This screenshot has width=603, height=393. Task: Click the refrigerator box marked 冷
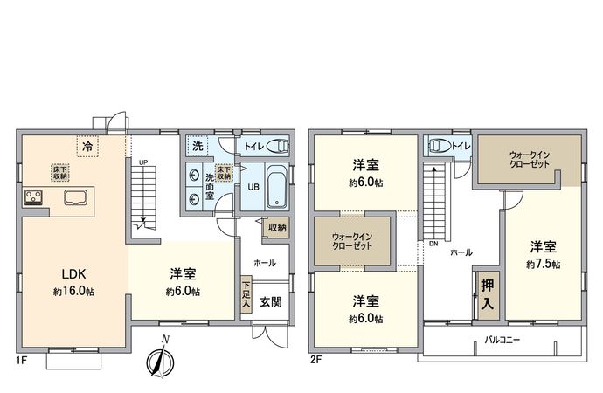click(87, 147)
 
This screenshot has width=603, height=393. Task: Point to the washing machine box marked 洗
click(198, 145)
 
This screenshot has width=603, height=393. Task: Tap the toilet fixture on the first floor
click(278, 146)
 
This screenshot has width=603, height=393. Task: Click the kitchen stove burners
click(35, 196)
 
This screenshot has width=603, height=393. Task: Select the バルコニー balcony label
click(502, 341)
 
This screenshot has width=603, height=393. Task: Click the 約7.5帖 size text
click(543, 263)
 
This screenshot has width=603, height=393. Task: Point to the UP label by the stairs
click(142, 162)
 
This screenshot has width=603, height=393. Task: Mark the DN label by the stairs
click(433, 244)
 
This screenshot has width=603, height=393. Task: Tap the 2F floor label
click(315, 359)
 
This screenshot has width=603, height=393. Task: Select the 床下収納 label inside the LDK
click(59, 171)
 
